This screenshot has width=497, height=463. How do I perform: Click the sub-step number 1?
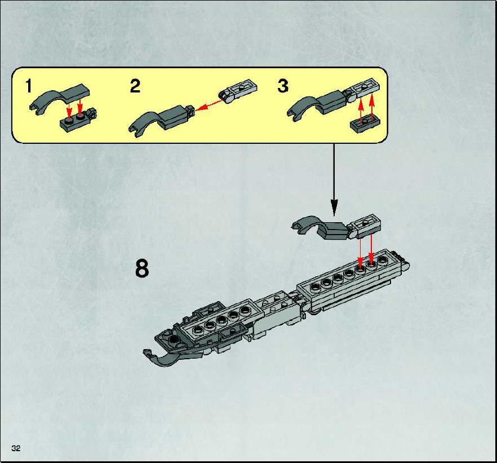[x=29, y=86]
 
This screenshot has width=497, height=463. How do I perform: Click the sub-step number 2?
[x=135, y=86]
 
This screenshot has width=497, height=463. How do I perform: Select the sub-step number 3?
[x=283, y=86]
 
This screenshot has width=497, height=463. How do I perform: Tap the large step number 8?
[x=141, y=268]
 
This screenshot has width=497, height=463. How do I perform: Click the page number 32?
[x=16, y=448]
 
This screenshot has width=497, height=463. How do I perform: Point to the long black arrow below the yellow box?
[x=334, y=180]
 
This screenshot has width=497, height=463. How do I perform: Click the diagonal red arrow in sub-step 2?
[x=207, y=105]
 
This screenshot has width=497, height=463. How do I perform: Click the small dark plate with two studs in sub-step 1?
[x=78, y=121]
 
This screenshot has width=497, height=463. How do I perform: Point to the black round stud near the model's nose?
[x=174, y=340]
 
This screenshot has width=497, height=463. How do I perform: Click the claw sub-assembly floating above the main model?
[x=336, y=227]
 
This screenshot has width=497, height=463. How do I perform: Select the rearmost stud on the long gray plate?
[x=383, y=260]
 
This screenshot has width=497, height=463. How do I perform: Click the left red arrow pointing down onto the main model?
[x=360, y=253]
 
